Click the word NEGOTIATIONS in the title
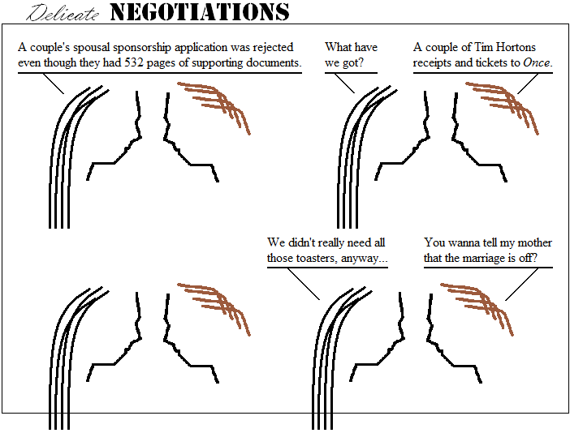[199, 12]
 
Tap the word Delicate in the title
[64, 13]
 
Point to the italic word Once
[538, 62]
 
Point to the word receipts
[436, 62]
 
